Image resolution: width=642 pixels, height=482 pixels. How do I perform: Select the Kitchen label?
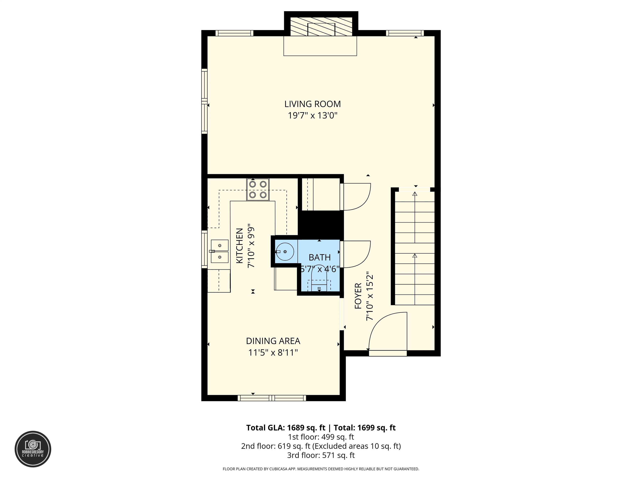click(x=239, y=246)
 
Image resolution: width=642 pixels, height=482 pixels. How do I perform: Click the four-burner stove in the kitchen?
click(x=258, y=189)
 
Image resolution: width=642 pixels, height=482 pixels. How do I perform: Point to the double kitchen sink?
click(x=219, y=251)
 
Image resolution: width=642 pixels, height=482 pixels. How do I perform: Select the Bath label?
click(x=319, y=257)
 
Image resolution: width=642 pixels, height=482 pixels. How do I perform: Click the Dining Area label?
click(x=273, y=341)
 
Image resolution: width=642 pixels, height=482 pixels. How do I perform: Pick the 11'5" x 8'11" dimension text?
click(x=273, y=353)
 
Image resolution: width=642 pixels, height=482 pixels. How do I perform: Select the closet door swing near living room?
click(x=355, y=197)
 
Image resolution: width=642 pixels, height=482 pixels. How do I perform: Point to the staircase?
click(x=414, y=247)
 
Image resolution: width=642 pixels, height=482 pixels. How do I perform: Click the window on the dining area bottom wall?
click(x=272, y=398)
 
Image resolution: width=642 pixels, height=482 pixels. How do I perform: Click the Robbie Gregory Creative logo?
click(x=33, y=449)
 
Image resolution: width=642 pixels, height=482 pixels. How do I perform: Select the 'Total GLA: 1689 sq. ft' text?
click(x=286, y=428)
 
